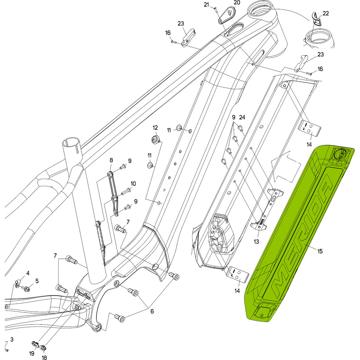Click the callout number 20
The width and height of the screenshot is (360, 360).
click(x=237, y=3)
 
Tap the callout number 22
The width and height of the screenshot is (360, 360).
click(x=326, y=13)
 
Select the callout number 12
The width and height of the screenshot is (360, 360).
click(x=155, y=128)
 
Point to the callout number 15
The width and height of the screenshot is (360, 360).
click(x=320, y=251)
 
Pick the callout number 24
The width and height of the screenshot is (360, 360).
click(x=242, y=117)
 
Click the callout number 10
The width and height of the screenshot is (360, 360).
click(x=133, y=184)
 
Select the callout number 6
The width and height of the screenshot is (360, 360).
click(x=152, y=311)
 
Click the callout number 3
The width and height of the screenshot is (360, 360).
click(x=12, y=339)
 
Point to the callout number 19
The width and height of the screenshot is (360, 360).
click(x=32, y=354)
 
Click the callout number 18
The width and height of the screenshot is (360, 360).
click(x=44, y=358)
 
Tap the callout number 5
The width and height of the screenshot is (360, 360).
click(x=37, y=281)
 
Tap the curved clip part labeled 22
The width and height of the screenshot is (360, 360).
click(x=316, y=18)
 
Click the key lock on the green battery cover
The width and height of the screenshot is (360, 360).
click(x=340, y=155)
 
